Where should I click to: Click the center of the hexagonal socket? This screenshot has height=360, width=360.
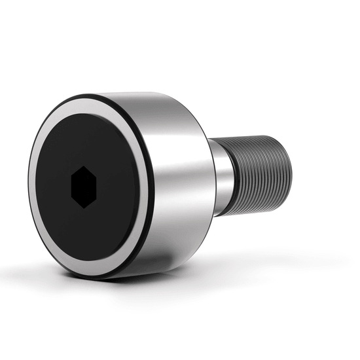pos(84,187)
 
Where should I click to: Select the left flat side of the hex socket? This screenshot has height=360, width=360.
pos(71,188)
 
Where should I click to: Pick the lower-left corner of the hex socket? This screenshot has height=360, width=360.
pos(71,199)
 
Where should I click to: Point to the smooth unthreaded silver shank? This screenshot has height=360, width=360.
pos(223,177)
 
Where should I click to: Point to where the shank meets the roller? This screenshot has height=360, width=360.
pos(212,177)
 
